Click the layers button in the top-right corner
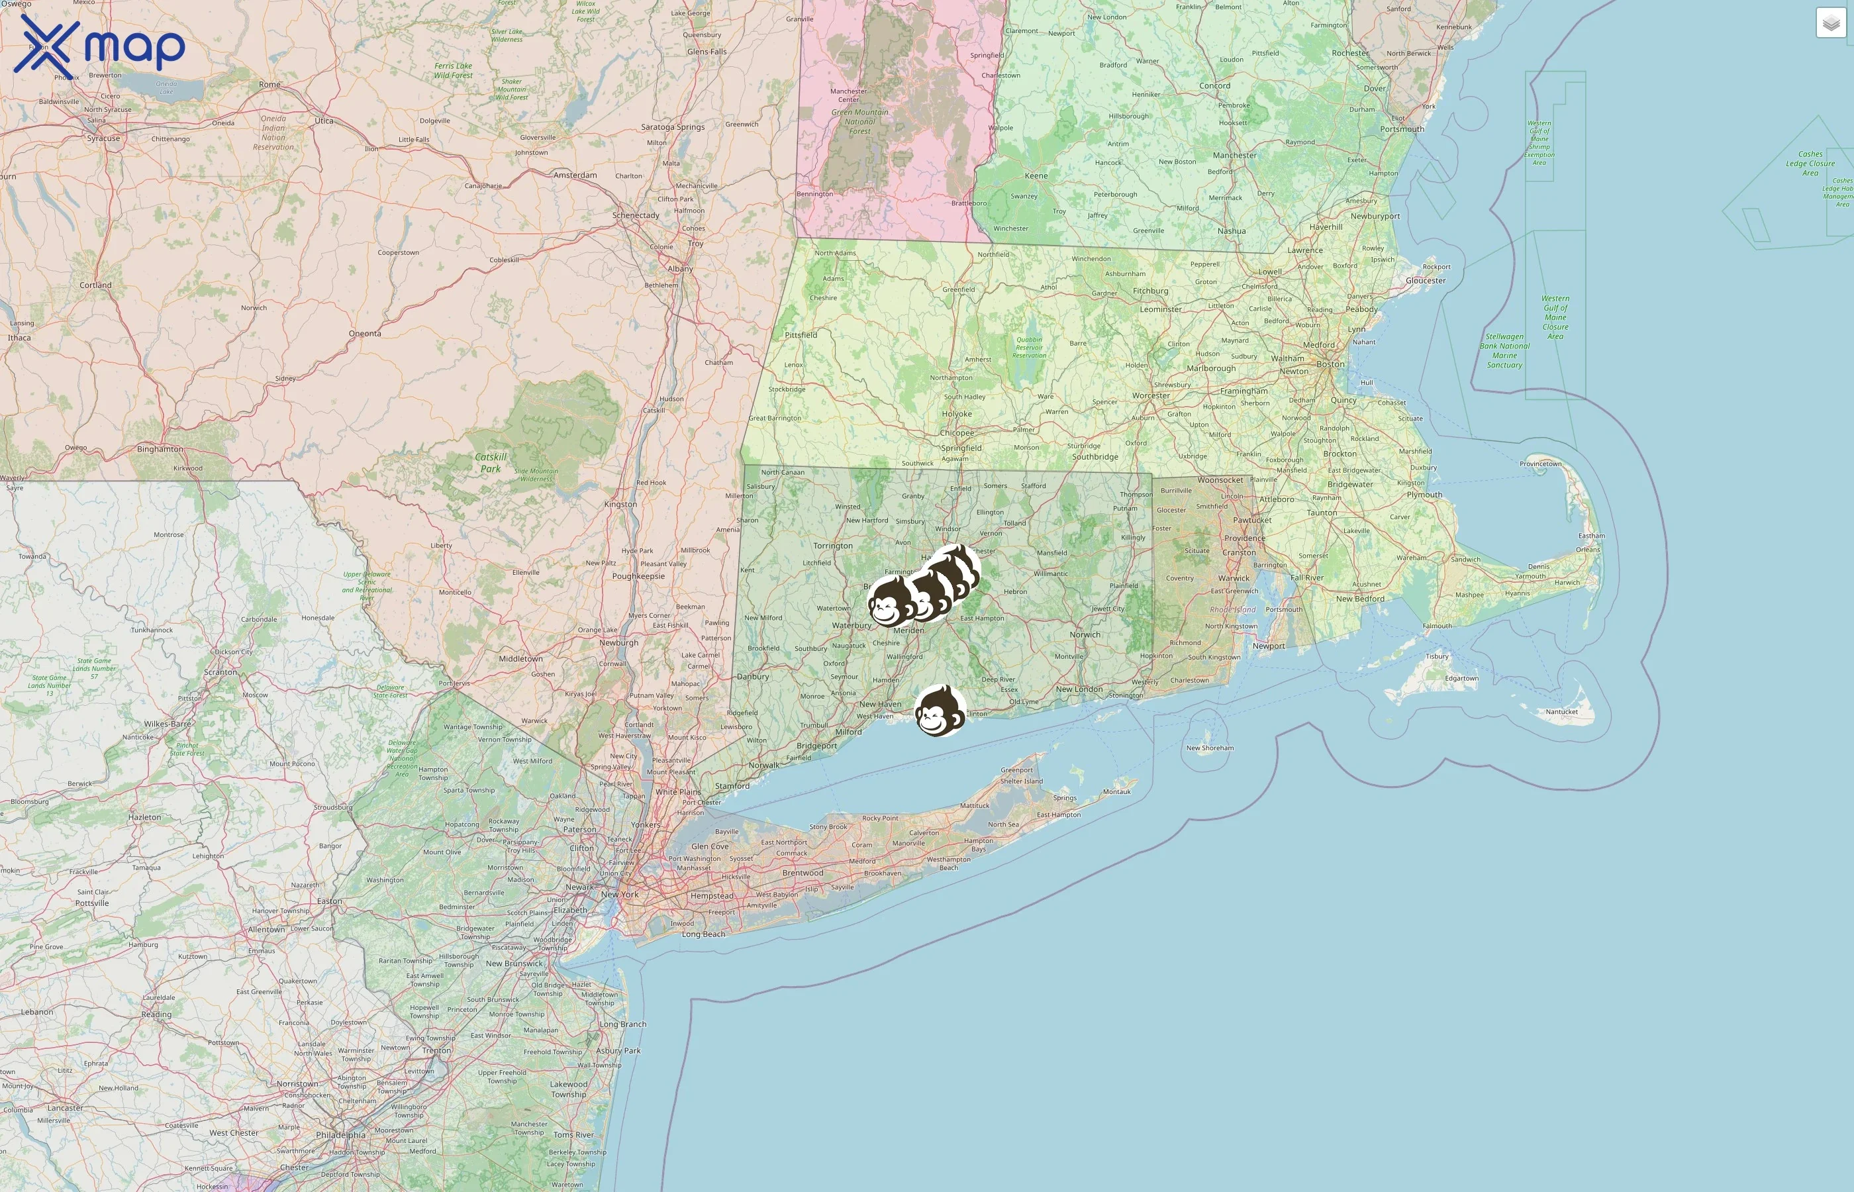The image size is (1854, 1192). pos(1831,23)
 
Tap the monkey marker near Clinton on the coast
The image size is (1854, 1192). pos(940,711)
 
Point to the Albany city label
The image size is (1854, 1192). pos(680,270)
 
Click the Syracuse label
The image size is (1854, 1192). pos(104,138)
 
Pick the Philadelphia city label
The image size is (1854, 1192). pos(340,1135)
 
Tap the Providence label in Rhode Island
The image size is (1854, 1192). pos(1245,538)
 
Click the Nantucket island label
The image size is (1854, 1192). pos(1561,711)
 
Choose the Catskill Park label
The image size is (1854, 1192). pos(491,463)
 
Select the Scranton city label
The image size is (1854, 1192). pos(220,672)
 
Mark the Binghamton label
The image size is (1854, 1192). pos(160,449)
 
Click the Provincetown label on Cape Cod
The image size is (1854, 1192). pos(1540,464)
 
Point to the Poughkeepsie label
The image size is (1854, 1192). pos(638,576)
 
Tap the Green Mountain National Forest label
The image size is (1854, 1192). pos(859,122)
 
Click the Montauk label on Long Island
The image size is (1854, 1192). pos(1116,792)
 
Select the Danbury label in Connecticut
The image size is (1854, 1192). pos(753,677)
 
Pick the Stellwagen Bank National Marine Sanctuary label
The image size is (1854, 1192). pos(1504,350)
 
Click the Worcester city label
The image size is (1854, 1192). pos(1151,395)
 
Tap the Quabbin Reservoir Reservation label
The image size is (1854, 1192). pos(1029,348)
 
